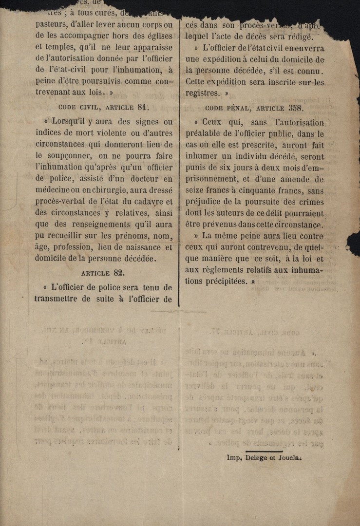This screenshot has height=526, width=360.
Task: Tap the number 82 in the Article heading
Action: pos(118,273)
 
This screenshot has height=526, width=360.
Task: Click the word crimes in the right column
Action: pos(309,202)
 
